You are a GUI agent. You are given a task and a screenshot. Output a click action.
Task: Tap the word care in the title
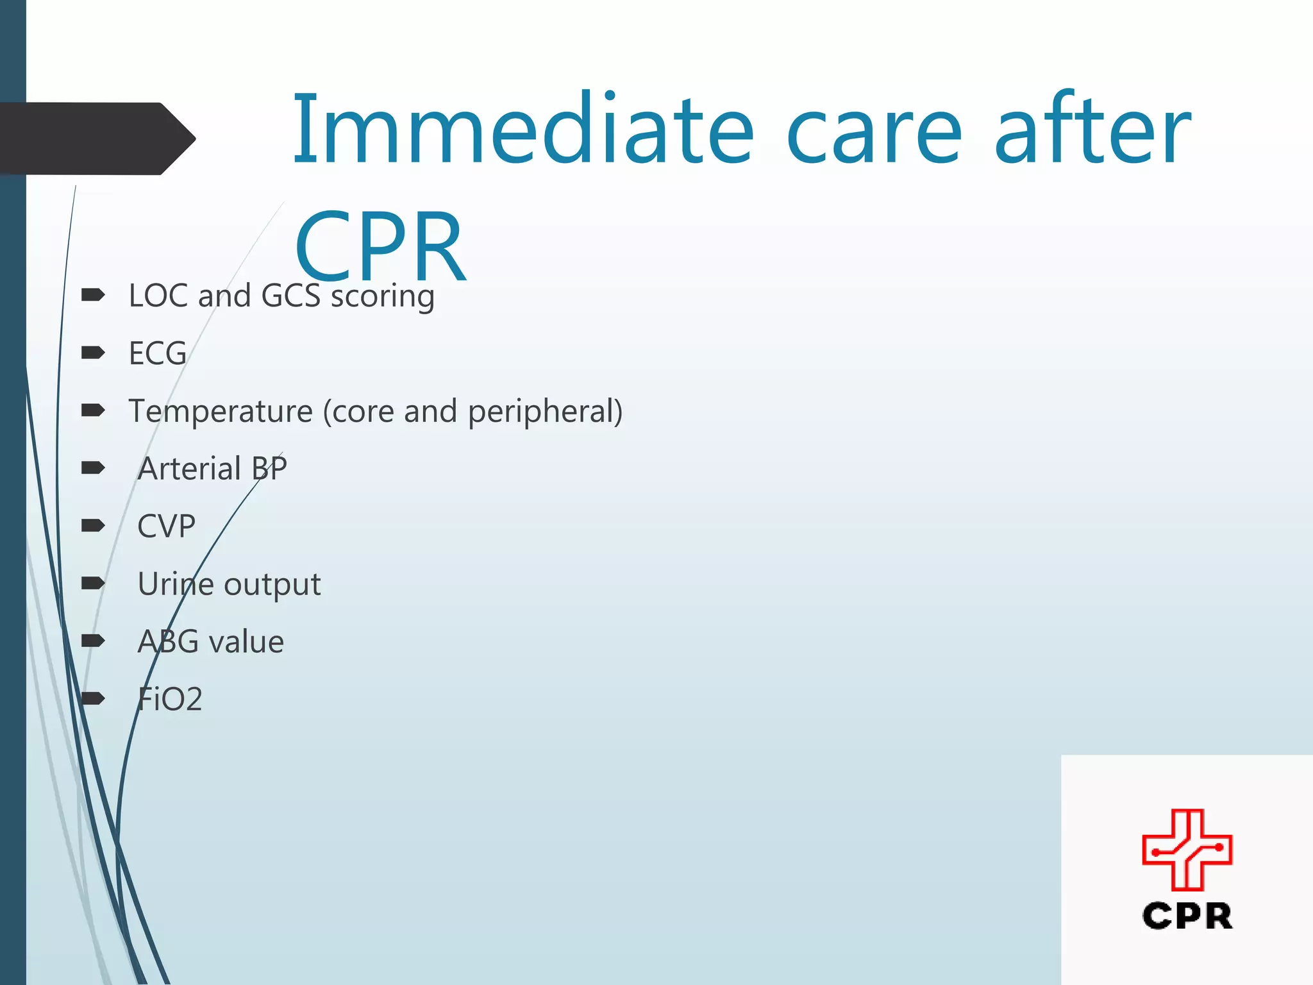[874, 133]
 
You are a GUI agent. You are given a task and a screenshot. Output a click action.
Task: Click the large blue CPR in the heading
[380, 246]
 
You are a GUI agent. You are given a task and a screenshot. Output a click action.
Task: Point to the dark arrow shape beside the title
[96, 139]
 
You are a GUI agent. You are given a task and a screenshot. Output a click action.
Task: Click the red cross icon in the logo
[1187, 850]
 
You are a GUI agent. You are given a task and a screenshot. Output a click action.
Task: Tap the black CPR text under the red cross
[1187, 916]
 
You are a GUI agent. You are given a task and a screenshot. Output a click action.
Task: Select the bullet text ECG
[158, 353]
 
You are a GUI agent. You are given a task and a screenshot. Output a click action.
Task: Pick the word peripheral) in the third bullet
[545, 412]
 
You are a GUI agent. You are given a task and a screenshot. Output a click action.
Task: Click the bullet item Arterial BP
[212, 469]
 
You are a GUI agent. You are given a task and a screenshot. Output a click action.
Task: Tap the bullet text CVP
[166, 526]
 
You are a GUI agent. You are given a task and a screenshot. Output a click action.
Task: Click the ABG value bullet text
[210, 642]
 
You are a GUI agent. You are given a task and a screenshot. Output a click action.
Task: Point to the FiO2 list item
[170, 699]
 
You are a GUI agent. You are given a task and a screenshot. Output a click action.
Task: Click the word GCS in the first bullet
[290, 296]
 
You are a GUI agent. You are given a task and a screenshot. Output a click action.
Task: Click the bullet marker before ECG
[93, 353]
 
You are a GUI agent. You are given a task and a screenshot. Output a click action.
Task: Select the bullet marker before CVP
[93, 526]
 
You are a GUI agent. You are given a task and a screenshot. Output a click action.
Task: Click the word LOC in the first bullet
[158, 296]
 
